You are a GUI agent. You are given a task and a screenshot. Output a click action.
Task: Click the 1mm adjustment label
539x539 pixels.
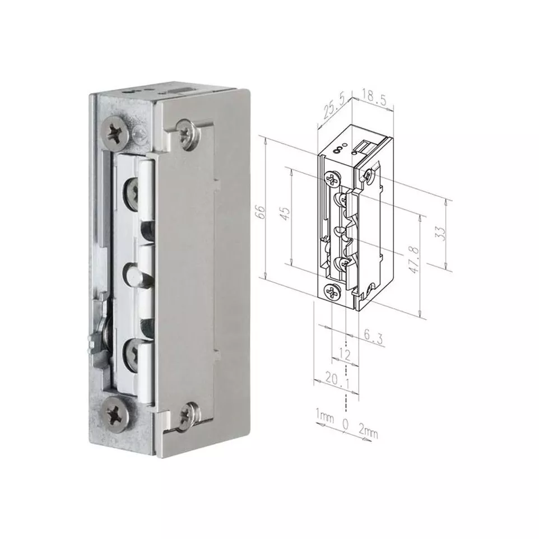coord(324,415)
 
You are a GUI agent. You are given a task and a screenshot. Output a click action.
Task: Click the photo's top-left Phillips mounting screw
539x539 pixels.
coord(114,132)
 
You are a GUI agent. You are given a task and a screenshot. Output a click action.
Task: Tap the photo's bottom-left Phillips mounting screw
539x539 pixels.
coord(116,413)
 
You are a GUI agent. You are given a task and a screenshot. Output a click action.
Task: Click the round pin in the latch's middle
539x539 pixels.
coord(134,274)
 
